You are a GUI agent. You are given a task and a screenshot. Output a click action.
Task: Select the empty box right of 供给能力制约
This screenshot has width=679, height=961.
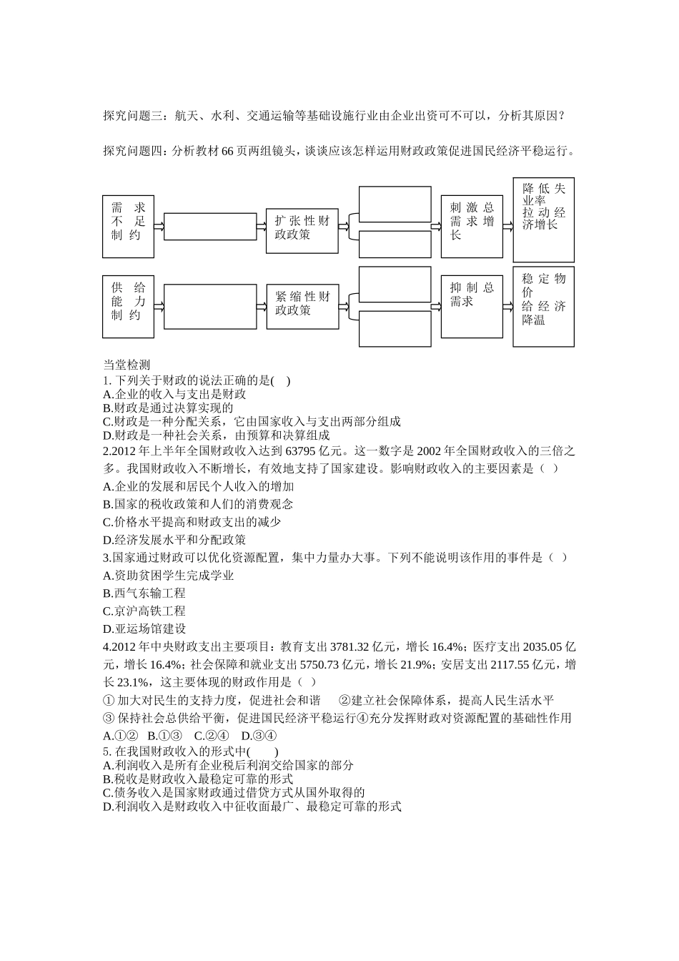coord(210,307)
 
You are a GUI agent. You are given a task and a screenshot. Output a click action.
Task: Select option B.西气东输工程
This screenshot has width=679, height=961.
coord(144,593)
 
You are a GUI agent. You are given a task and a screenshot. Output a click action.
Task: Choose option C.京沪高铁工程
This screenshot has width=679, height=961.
coord(144,611)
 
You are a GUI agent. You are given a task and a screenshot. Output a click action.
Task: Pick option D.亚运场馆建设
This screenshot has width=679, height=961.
coord(144,629)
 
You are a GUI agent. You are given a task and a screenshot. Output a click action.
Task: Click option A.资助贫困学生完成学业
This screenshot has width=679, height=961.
coord(169,576)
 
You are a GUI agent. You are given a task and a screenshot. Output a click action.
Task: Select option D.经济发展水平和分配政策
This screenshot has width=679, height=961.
coord(174,540)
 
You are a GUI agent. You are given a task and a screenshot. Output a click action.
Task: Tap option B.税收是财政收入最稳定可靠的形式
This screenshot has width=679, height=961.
coord(199,779)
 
